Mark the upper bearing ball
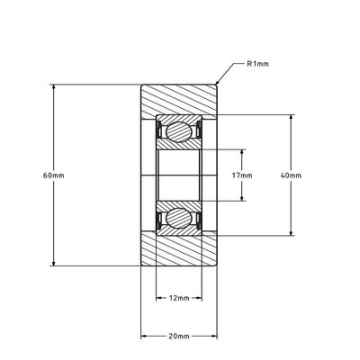tap(179, 132)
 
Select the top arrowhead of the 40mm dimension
tap(292, 117)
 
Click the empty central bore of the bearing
tap(179, 175)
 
